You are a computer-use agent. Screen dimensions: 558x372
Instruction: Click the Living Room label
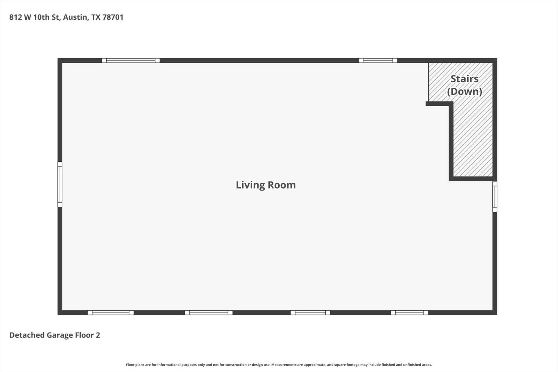(x=266, y=185)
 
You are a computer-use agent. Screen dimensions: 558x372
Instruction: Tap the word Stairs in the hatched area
(x=465, y=79)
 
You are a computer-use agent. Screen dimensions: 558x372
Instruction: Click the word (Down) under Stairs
(x=465, y=91)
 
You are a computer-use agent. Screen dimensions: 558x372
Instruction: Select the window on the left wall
(x=60, y=184)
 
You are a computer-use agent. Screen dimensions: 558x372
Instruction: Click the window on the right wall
(x=495, y=196)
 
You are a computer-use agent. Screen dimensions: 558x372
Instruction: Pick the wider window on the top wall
(x=131, y=61)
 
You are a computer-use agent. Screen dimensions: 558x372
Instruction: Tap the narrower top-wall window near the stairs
(x=378, y=61)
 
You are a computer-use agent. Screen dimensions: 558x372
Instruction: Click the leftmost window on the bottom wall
(x=111, y=313)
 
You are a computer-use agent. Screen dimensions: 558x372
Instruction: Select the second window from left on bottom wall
(x=209, y=313)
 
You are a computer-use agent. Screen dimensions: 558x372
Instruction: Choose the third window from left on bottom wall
(x=310, y=313)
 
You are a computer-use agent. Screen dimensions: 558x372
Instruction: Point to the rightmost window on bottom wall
(x=409, y=313)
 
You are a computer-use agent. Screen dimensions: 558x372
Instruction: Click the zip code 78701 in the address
(x=113, y=17)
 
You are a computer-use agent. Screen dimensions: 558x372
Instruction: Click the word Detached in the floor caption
(x=27, y=335)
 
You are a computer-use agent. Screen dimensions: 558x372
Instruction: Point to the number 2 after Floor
(x=98, y=335)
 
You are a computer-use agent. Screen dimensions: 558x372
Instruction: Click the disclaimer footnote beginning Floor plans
(x=279, y=365)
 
